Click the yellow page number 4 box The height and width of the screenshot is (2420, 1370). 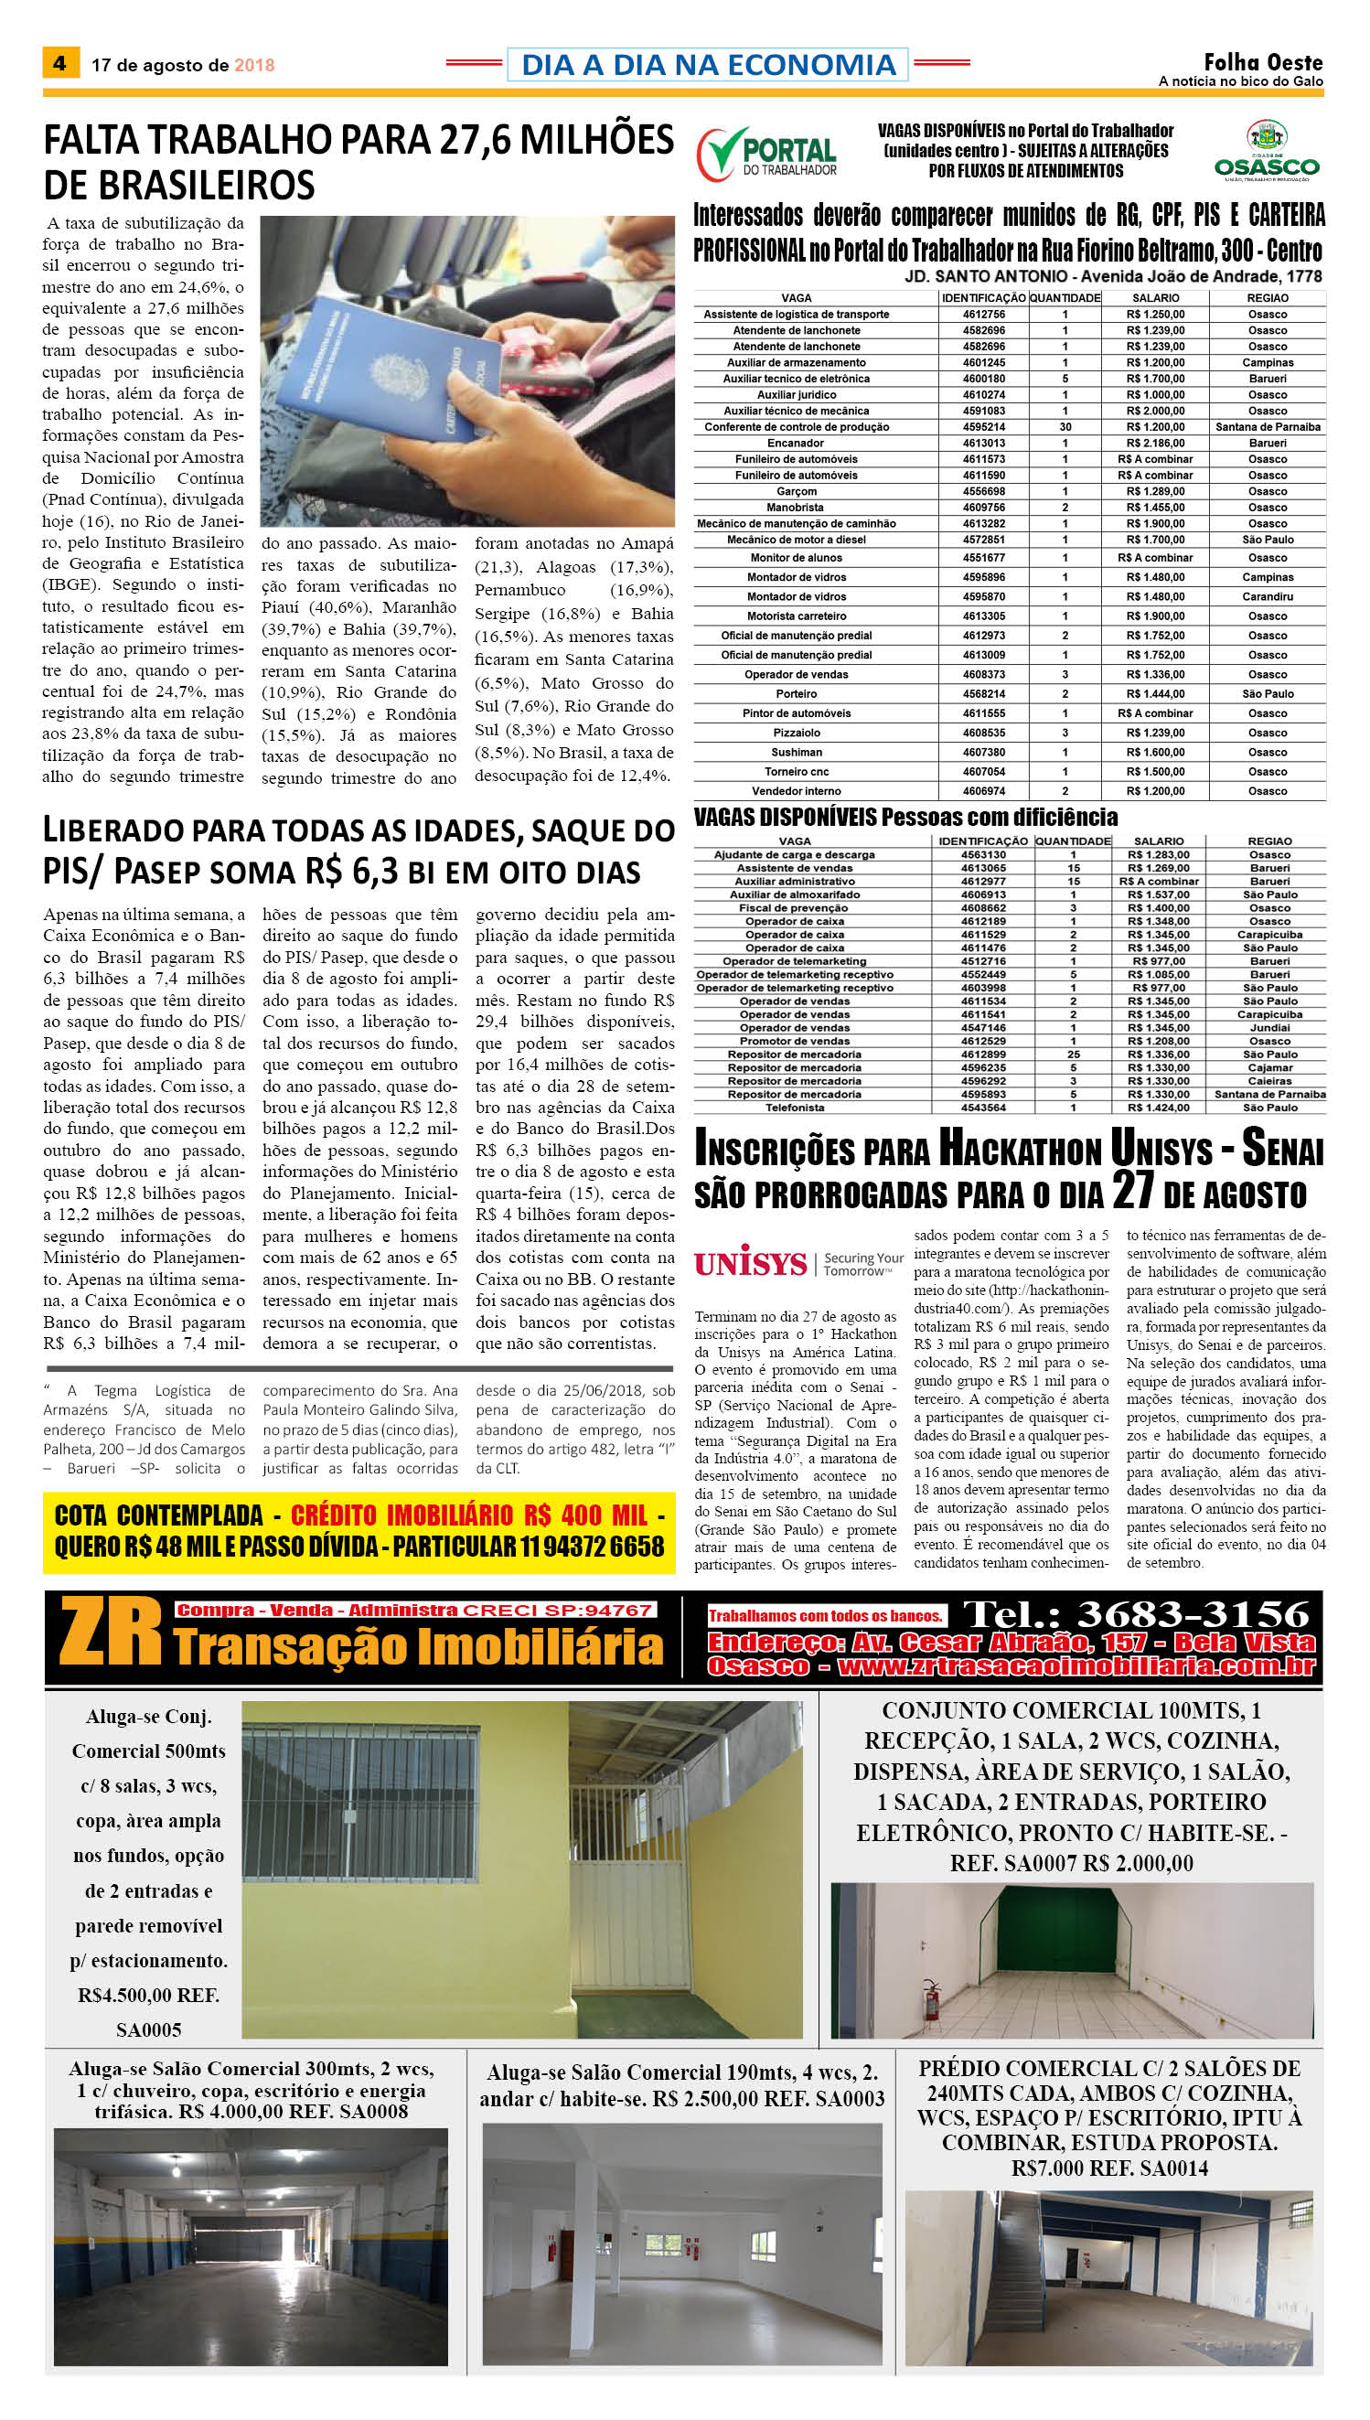coord(60,63)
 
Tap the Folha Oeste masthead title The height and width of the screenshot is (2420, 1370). coord(1263,62)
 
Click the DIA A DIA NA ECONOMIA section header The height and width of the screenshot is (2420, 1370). coord(708,64)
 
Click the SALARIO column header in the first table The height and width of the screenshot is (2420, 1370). coord(1155,297)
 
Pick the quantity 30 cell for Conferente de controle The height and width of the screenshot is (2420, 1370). coord(1065,427)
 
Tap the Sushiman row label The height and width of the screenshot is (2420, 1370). coord(796,753)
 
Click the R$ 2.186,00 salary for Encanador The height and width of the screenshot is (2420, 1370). coord(1155,444)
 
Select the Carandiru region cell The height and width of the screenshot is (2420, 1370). coord(1268,596)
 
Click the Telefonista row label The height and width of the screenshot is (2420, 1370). coord(794,1108)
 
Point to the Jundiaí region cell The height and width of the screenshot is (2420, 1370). coord(1269,1028)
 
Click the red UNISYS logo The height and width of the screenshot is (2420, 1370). coord(751,1263)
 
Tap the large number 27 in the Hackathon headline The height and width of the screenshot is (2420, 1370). coord(1133,1189)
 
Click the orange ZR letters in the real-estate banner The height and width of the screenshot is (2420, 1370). coord(111,1633)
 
